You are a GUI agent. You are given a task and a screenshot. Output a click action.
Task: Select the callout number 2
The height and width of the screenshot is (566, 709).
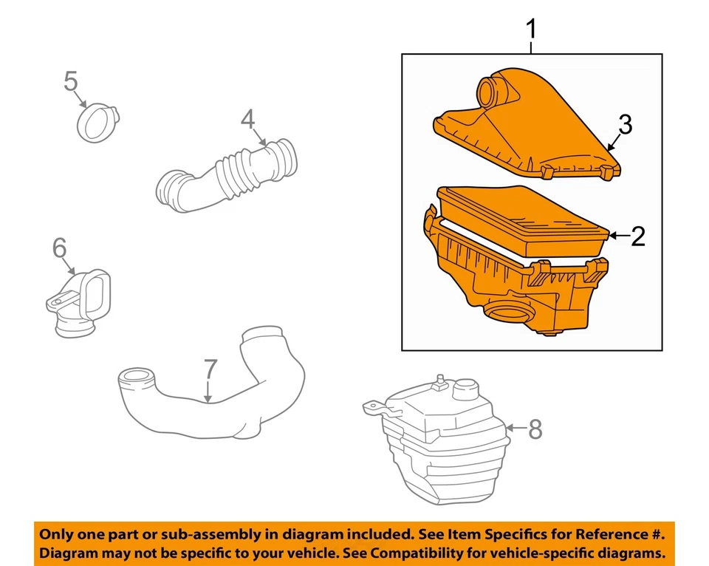638,236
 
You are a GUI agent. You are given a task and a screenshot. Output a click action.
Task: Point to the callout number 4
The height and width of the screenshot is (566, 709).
247,118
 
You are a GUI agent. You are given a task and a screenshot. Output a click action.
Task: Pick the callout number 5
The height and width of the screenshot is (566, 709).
71,81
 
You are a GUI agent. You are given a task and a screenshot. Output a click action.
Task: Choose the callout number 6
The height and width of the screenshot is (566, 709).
59,249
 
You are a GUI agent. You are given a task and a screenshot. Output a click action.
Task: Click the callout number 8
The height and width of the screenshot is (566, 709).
535,429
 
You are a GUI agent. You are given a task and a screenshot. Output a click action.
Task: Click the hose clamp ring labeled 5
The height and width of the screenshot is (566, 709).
97,123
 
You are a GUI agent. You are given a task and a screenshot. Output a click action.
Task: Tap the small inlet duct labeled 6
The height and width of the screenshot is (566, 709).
79,303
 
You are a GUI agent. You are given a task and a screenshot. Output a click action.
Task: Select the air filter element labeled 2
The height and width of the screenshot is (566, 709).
524,218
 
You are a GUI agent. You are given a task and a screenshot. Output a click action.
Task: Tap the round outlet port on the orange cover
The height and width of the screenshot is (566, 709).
489,92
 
